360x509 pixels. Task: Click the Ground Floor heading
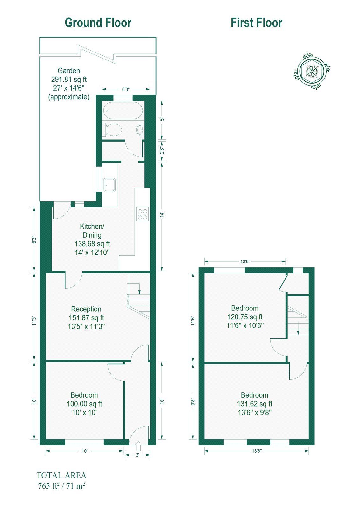coord(98,23)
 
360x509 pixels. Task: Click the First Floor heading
coord(257,23)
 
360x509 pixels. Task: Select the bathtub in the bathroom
coord(123,110)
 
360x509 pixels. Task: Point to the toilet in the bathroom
coord(112,130)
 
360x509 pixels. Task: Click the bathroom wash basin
coord(140,130)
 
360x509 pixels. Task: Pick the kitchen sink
coord(110,185)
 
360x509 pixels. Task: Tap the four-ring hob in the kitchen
coord(142,214)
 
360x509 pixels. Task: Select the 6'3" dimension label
coord(125,89)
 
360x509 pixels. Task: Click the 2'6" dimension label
coord(162,150)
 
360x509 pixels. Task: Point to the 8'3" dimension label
coord(34,240)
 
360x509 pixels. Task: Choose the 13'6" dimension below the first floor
coord(257,451)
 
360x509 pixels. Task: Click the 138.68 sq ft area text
coord(92,244)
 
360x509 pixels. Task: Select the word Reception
coord(86,309)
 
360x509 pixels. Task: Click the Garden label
coord(69,71)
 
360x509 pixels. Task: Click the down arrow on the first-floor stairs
coord(298,331)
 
